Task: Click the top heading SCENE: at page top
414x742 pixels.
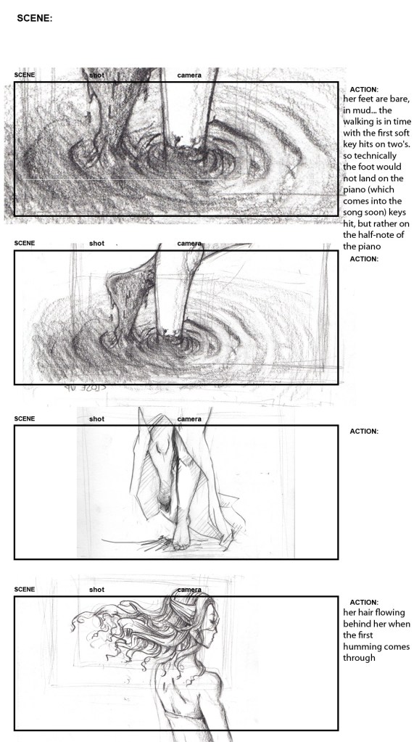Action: point(34,20)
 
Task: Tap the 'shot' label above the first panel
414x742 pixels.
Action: point(96,75)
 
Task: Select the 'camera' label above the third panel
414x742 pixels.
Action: point(189,419)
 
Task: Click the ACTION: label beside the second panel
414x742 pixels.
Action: point(364,259)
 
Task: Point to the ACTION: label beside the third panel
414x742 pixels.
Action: point(364,431)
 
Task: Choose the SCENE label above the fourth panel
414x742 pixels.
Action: point(25,590)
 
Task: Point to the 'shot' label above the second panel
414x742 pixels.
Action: point(96,243)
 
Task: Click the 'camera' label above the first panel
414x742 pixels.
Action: point(189,75)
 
